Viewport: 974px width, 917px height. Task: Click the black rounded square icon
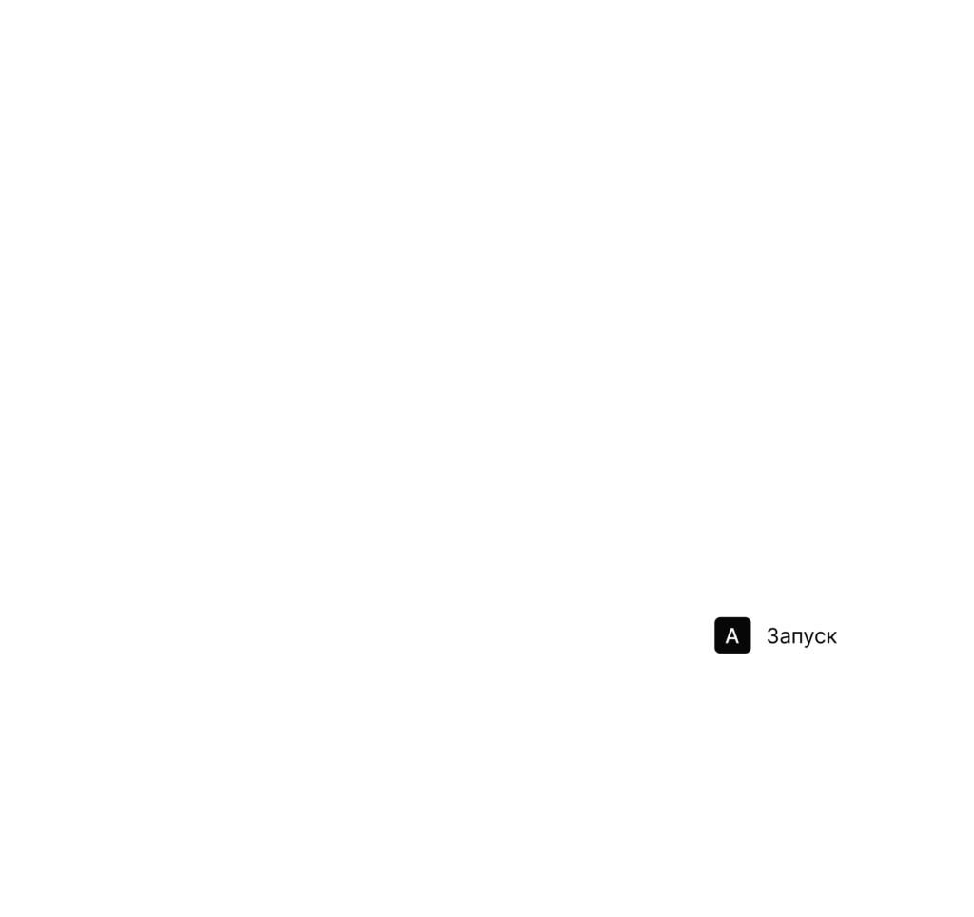pos(732,634)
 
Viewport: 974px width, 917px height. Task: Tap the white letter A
pos(732,636)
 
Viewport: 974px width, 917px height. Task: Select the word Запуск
pos(801,636)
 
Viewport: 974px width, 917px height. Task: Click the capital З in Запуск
pos(772,635)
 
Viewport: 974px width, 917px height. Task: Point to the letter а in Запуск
pos(786,638)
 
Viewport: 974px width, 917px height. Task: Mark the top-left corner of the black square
pos(715,618)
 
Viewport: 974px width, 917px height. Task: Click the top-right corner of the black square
pos(750,618)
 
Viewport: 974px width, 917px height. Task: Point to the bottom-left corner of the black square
pos(715,653)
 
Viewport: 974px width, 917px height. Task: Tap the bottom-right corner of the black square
pos(750,653)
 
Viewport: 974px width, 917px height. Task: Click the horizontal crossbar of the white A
pos(732,640)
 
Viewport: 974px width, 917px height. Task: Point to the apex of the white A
pos(732,629)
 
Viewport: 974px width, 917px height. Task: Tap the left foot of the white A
pos(726,644)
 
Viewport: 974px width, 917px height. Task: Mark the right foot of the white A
pos(738,644)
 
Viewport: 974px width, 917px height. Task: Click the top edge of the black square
pos(732,617)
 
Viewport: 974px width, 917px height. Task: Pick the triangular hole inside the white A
pos(732,635)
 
